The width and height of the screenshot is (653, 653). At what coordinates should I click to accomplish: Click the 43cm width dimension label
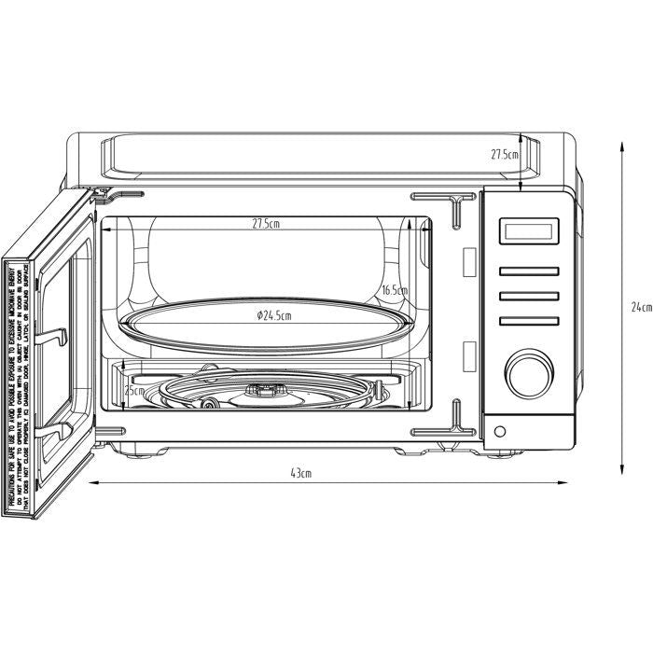(x=300, y=473)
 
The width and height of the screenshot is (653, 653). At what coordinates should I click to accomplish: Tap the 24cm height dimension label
(x=640, y=307)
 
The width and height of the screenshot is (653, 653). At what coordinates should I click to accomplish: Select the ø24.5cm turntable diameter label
(x=272, y=316)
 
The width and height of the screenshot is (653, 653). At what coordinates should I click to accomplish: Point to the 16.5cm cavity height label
(x=394, y=290)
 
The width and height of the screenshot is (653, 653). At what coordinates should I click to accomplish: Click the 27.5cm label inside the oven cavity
(x=266, y=225)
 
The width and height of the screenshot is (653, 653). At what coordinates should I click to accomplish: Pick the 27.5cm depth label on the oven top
(x=505, y=155)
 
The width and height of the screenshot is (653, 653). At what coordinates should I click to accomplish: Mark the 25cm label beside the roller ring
(x=134, y=390)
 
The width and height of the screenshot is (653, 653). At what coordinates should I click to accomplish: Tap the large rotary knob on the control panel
(x=528, y=372)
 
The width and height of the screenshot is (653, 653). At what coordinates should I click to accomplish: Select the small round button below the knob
(x=502, y=431)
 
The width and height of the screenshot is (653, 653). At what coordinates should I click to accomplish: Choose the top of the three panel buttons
(x=528, y=272)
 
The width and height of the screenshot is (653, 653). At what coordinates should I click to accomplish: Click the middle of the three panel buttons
(x=528, y=297)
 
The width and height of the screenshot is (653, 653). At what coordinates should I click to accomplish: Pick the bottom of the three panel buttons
(x=528, y=321)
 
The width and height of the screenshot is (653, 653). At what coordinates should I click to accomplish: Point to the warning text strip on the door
(x=20, y=383)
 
